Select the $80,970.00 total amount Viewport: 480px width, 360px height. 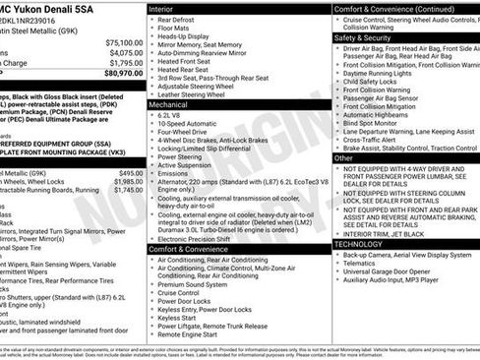(124, 73)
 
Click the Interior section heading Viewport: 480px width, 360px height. (161, 9)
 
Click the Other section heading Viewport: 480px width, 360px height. (343, 157)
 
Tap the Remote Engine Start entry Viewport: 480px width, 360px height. (194, 334)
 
